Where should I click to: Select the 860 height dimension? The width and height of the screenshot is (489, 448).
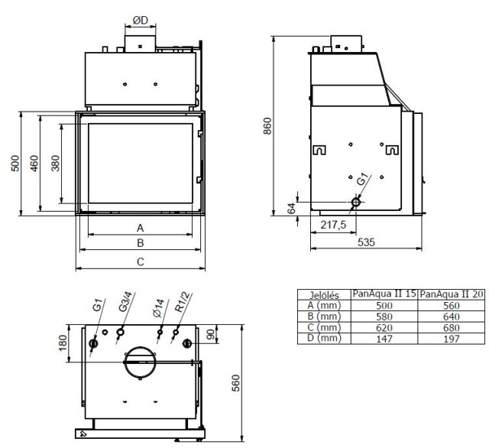267,125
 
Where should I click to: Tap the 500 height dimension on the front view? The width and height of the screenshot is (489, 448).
14,164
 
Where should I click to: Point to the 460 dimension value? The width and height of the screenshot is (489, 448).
34,164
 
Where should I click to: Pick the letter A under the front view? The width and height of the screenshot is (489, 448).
140,227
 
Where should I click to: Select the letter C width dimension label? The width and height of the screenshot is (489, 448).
140,262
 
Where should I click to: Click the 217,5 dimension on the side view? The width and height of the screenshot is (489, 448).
333,225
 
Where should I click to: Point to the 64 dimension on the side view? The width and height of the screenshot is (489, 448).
290,209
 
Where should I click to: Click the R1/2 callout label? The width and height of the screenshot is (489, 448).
181,303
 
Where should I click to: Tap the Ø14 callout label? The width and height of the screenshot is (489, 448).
158,307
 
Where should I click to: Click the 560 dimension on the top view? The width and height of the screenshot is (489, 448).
236,381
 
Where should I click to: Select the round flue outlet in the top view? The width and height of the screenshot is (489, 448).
141,362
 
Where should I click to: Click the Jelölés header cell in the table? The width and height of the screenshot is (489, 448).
323,294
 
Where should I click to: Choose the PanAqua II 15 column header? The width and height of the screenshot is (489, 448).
384,294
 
